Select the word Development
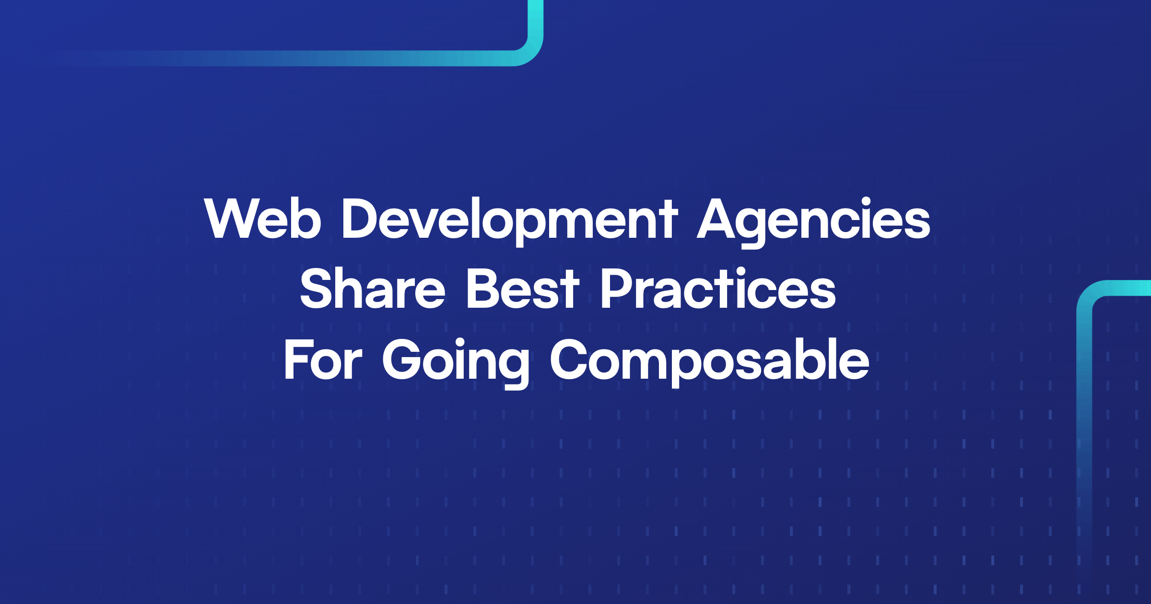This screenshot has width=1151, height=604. (x=509, y=219)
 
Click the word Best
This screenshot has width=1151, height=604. (x=523, y=289)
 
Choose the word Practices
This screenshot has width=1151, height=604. (x=718, y=289)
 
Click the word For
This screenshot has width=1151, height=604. (x=323, y=360)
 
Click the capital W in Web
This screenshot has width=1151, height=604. (x=231, y=218)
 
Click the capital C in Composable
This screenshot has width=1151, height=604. (x=571, y=360)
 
